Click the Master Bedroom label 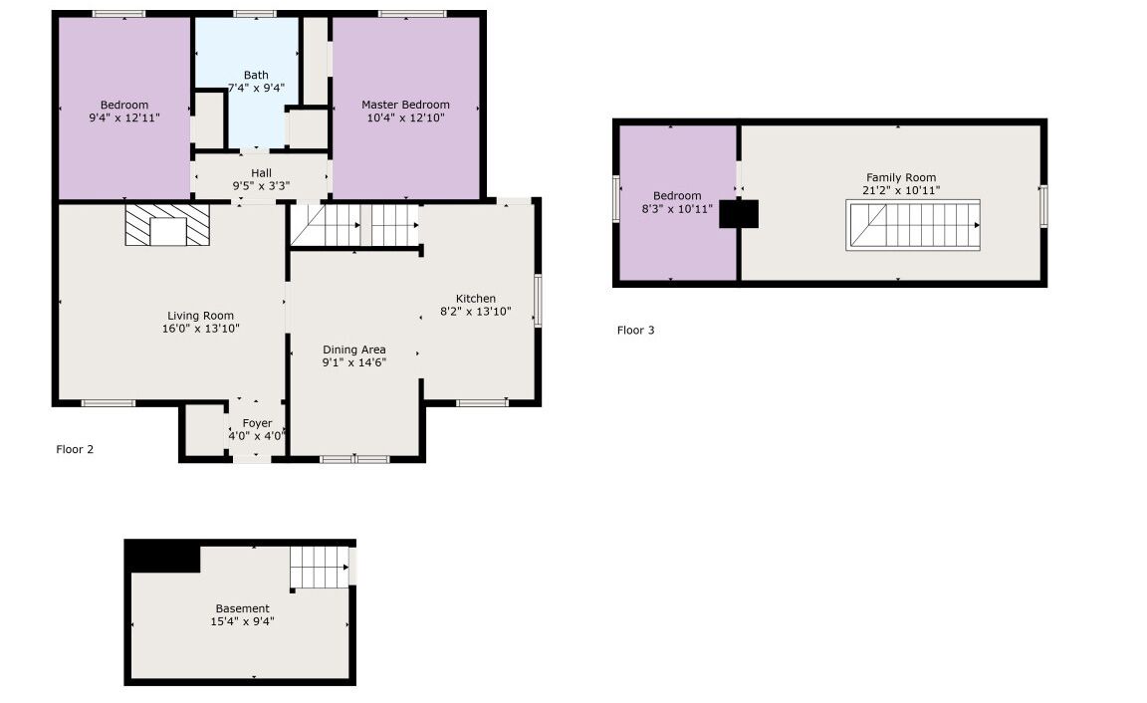tap(405, 105)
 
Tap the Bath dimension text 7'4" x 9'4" tap(256, 88)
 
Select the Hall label tap(261, 173)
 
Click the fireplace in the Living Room tap(167, 225)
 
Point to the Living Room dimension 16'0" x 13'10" tap(200, 329)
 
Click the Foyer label tap(257, 423)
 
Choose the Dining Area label tap(354, 350)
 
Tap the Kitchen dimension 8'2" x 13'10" tap(476, 311)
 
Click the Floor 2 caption tap(75, 449)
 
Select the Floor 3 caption tap(635, 330)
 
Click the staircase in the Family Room tap(913, 225)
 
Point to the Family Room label tap(901, 178)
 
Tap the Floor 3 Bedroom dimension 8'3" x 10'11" tap(677, 208)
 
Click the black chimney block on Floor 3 tap(739, 214)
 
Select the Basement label tap(242, 608)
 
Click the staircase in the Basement tap(319, 567)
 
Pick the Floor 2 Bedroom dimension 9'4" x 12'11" tap(124, 117)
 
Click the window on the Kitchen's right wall tap(538, 300)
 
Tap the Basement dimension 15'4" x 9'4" tap(242, 621)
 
